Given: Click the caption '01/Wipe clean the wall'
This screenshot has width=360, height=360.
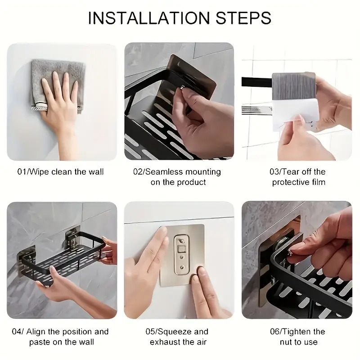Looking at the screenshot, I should pos(60,171).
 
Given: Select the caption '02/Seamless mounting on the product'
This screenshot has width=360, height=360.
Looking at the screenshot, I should pos(178,177).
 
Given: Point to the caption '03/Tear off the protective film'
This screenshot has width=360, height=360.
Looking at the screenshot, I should pos(298,177).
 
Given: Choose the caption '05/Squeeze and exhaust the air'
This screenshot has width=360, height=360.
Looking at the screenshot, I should pos(178,337).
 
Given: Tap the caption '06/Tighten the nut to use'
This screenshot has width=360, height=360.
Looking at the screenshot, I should pos(298,337).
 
